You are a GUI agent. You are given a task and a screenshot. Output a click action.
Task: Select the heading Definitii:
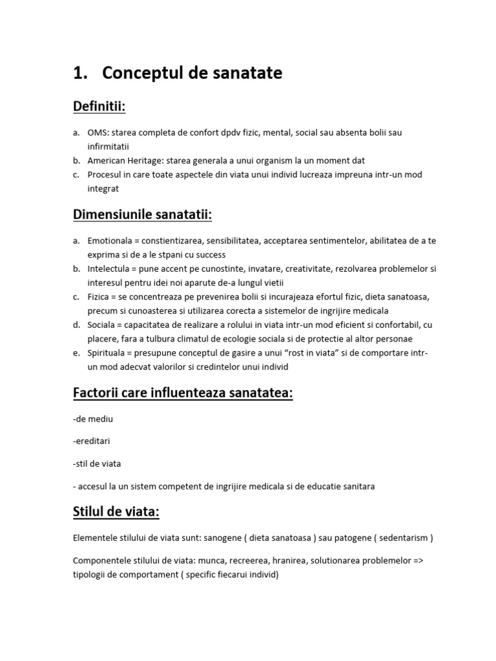(100, 106)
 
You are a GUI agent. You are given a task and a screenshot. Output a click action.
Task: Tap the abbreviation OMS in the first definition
(98, 132)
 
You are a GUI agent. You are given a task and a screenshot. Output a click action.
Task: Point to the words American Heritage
(119, 160)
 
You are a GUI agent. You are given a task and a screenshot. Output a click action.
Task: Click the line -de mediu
(94, 419)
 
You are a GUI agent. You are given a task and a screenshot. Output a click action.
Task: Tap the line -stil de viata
(98, 463)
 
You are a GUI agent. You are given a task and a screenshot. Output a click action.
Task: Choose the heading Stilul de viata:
(117, 512)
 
